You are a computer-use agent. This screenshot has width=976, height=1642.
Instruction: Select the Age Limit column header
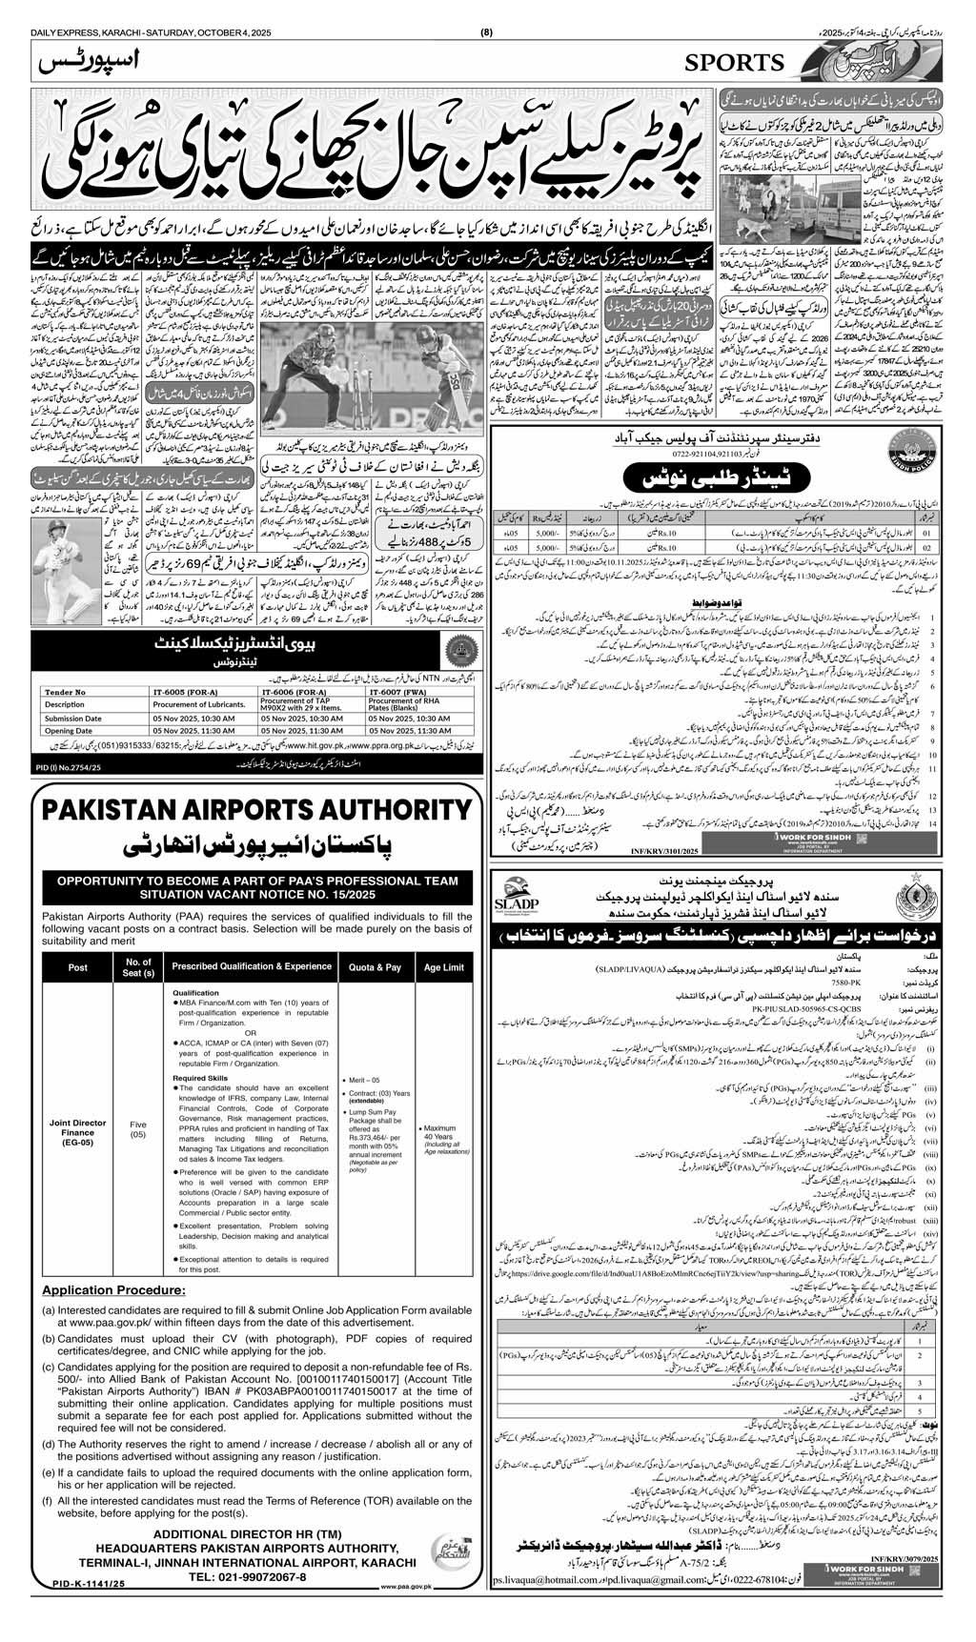tap(444, 966)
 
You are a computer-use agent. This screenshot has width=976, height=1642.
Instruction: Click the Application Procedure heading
tap(108, 1317)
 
